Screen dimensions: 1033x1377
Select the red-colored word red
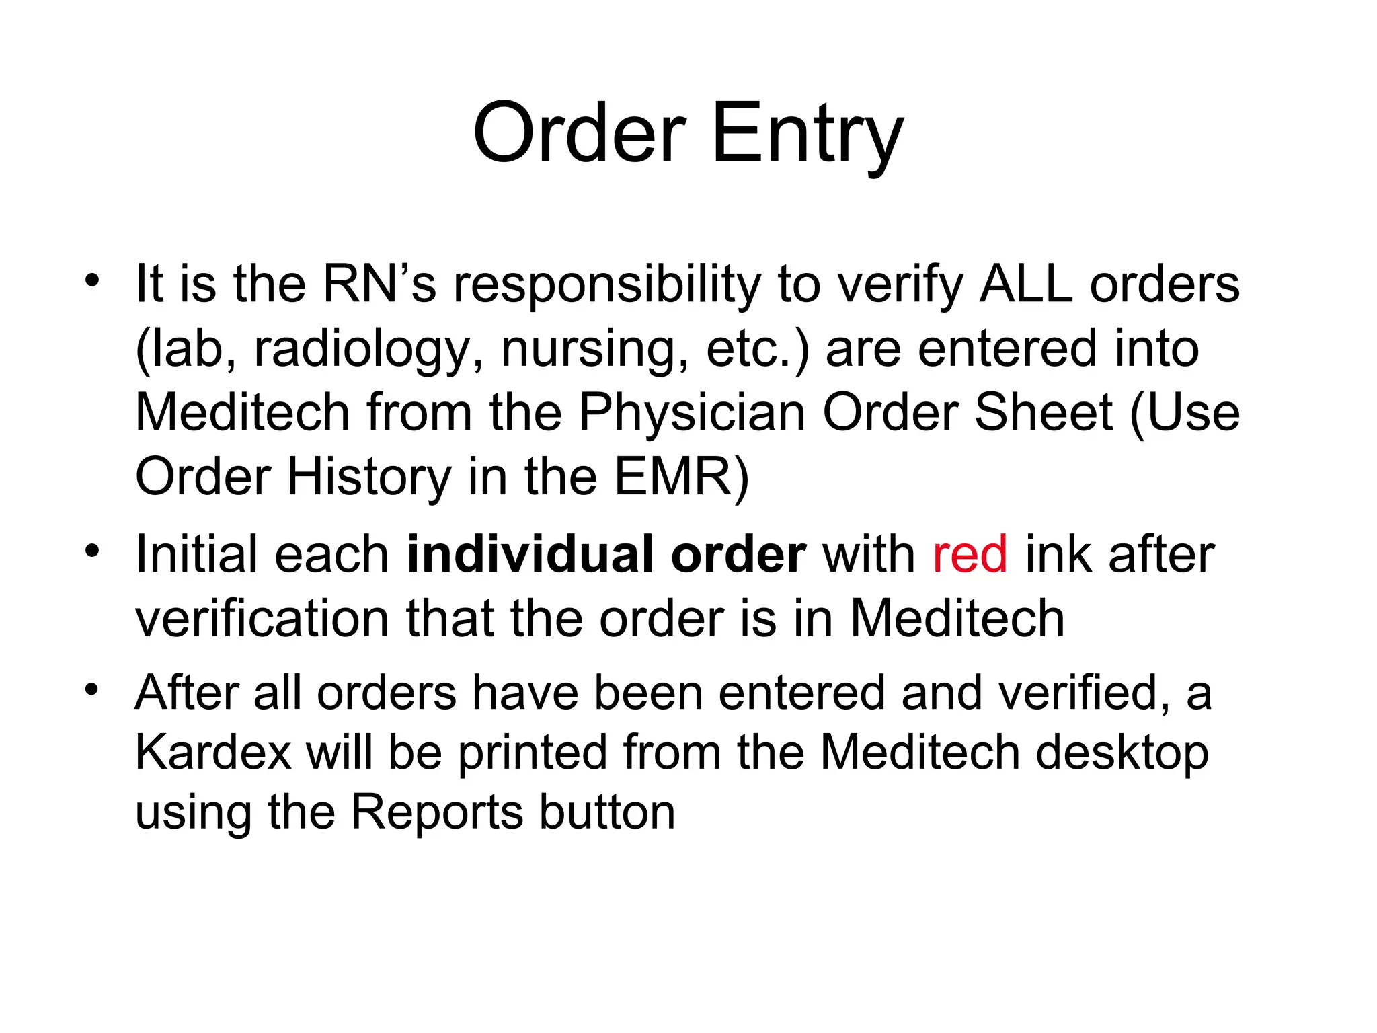tap(970, 555)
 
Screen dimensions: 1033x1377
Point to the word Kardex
tap(213, 752)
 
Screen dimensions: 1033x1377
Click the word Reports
tap(436, 812)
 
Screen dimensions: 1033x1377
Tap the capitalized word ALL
tap(1026, 284)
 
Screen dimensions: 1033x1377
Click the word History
tap(369, 477)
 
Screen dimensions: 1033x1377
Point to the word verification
tap(262, 619)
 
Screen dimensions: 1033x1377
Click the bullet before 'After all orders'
tap(92, 689)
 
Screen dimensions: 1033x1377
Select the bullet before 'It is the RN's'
tap(92, 280)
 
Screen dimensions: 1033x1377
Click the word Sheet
tap(1043, 412)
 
